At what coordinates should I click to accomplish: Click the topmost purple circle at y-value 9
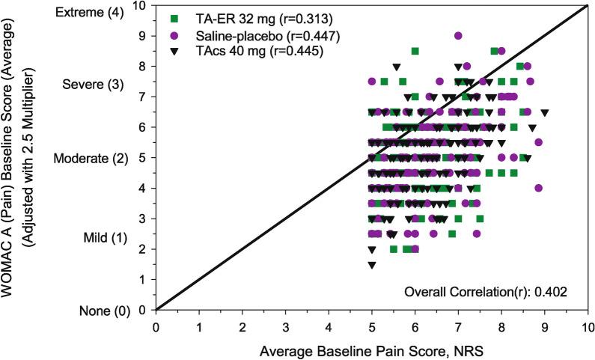(458, 35)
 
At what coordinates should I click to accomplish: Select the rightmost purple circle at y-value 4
(539, 188)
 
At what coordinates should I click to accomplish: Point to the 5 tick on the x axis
(372, 326)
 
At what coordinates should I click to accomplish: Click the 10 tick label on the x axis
(588, 326)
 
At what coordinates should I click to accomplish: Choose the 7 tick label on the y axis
(143, 97)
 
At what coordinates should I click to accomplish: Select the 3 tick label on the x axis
(285, 326)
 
